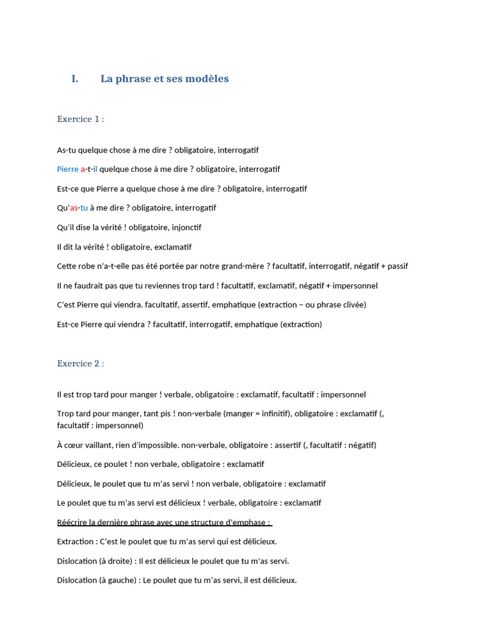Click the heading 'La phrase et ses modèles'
[x=164, y=79]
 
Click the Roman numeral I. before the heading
[x=75, y=79]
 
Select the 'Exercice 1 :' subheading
[x=80, y=119]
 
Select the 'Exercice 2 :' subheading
[x=80, y=363]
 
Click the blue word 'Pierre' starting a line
[x=67, y=169]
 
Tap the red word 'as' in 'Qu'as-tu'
[x=74, y=208]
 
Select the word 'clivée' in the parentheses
[x=351, y=305]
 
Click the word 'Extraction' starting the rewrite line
[x=75, y=541]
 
